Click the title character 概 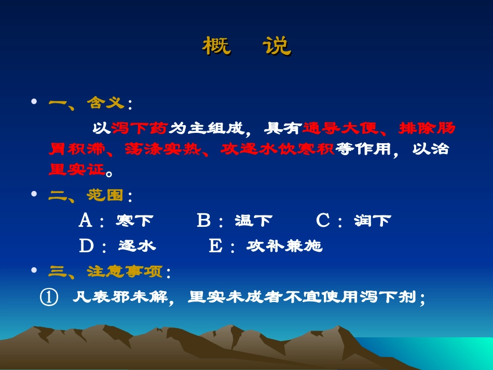(x=216, y=47)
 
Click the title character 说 (x=277, y=47)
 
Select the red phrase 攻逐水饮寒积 (x=278, y=149)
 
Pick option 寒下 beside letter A (x=134, y=221)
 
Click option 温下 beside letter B (x=253, y=221)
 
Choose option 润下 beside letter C (x=372, y=221)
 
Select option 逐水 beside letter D (x=136, y=246)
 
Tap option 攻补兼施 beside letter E (x=284, y=246)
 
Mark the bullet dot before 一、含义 (x=35, y=102)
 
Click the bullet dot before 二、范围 (x=35, y=194)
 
